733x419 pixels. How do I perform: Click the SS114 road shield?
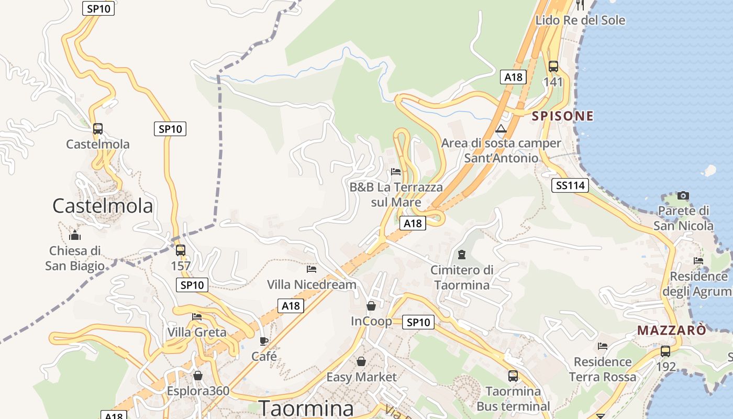[x=570, y=185]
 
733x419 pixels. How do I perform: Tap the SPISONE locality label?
[x=563, y=116]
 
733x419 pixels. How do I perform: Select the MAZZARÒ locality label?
[x=672, y=330]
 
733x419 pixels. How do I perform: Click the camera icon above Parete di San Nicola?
[x=683, y=195]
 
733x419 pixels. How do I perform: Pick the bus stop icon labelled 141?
[x=553, y=67]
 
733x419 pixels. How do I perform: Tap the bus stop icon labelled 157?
[x=181, y=250]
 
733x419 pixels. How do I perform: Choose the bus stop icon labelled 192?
[x=665, y=351]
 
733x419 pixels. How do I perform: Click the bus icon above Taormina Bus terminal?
[x=513, y=376]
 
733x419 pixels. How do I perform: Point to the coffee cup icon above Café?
[x=264, y=341]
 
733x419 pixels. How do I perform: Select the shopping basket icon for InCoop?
[x=371, y=305]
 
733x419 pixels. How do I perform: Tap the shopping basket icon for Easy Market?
[x=361, y=361]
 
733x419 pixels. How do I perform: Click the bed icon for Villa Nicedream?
[x=312, y=269]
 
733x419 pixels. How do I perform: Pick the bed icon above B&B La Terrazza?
[x=396, y=172]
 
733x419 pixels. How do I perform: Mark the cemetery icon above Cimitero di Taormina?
[x=461, y=255]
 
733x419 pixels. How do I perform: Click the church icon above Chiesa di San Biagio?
[x=75, y=235]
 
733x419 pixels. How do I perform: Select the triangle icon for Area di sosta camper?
[x=501, y=129]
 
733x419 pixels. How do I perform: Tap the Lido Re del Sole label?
[x=580, y=20]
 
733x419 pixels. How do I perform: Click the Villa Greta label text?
[x=197, y=332]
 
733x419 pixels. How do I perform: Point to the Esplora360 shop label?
[x=198, y=391]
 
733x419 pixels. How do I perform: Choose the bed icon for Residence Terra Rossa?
[x=603, y=346]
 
